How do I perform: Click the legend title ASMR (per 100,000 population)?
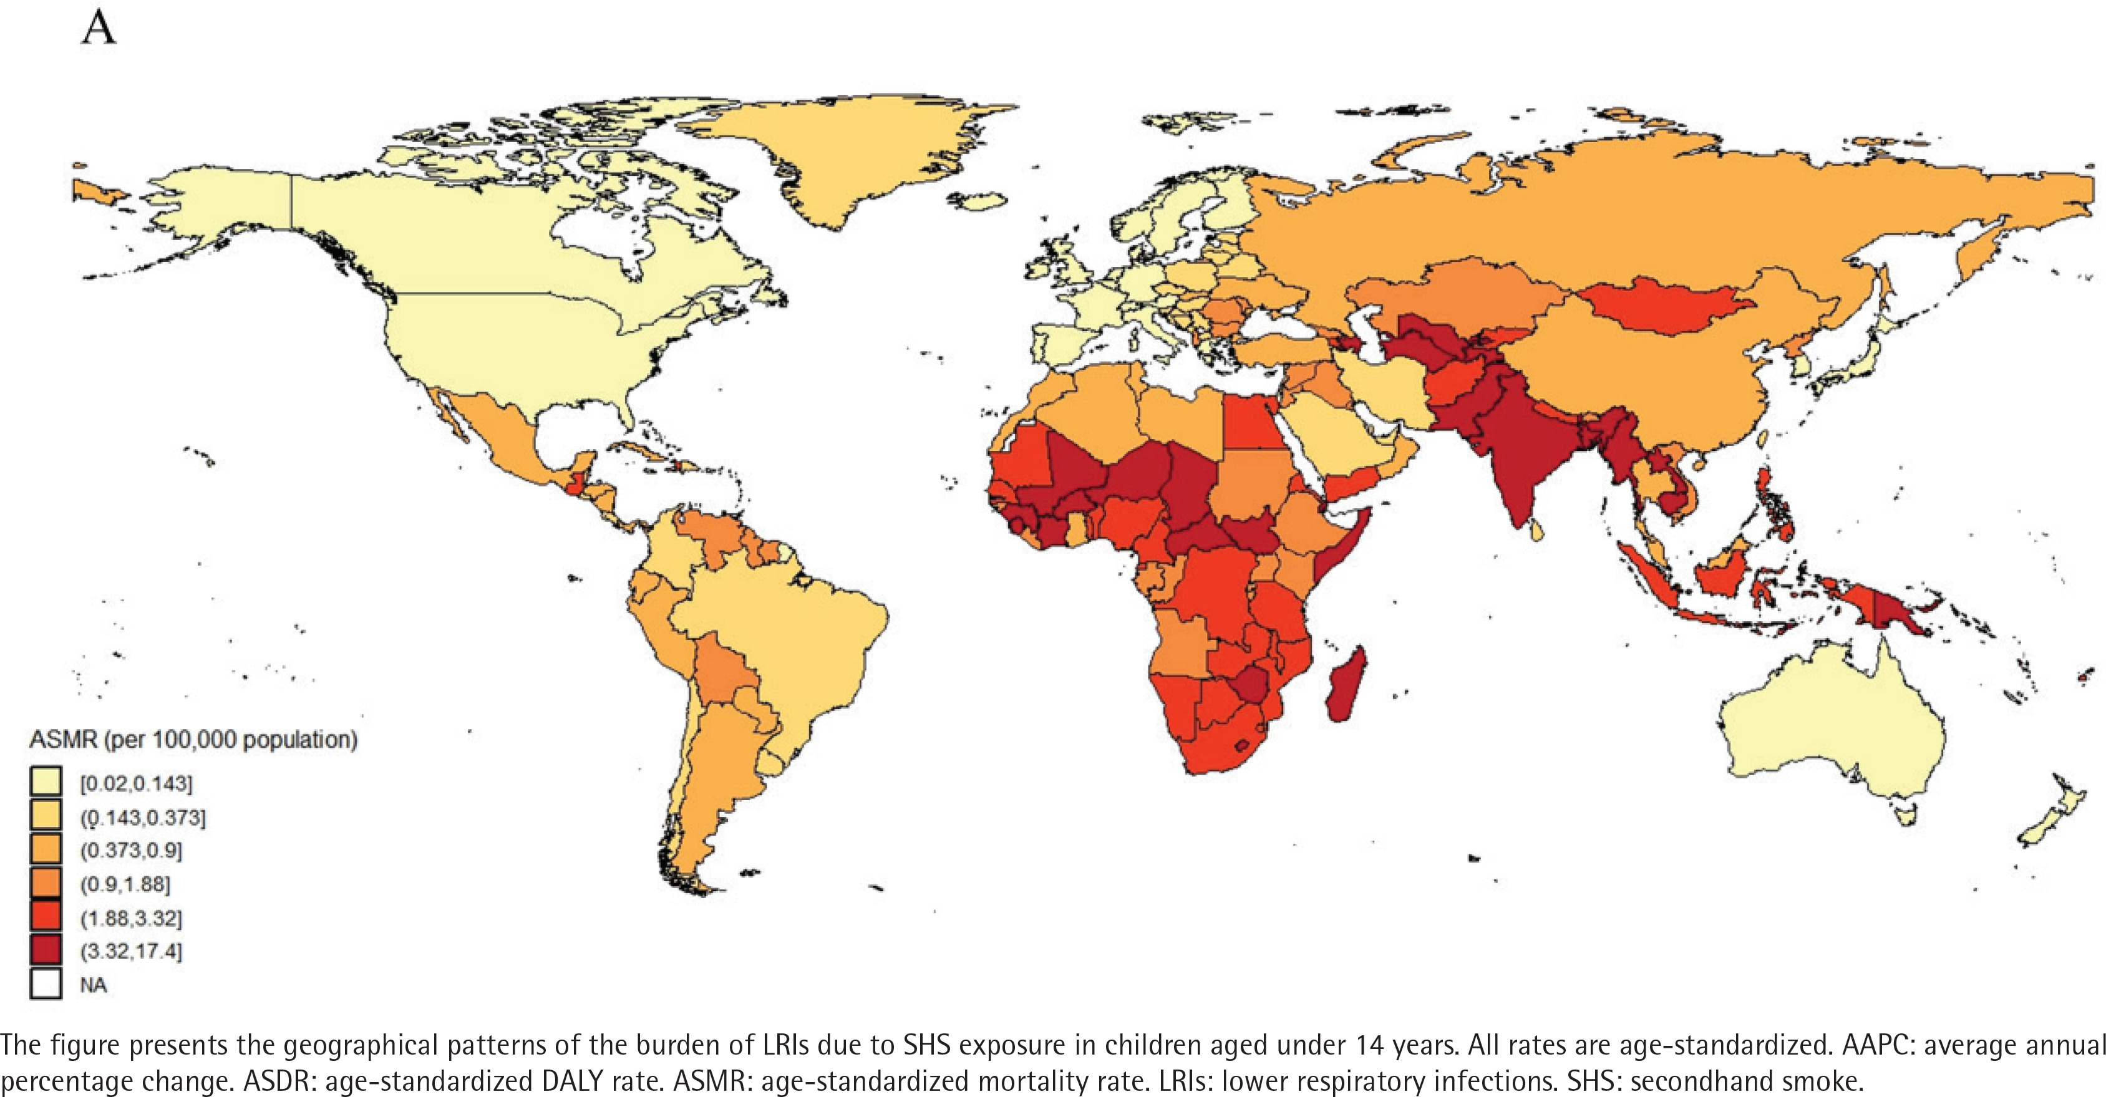[x=193, y=740]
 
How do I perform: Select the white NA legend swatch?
[x=46, y=984]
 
